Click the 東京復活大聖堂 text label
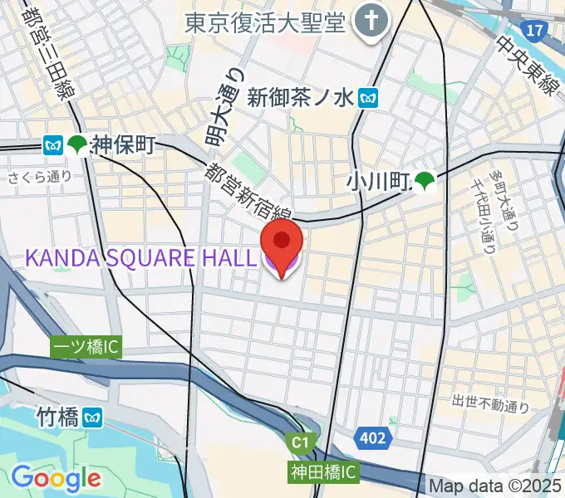point(265,22)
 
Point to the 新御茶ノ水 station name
point(312,98)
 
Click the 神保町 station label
point(124,146)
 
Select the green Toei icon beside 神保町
point(77,146)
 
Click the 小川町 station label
point(379,180)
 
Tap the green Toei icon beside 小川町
point(426,180)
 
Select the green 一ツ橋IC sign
point(86,347)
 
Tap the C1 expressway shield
point(300,443)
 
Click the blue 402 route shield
point(372,438)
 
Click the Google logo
point(56,477)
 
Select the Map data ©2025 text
point(495,486)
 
